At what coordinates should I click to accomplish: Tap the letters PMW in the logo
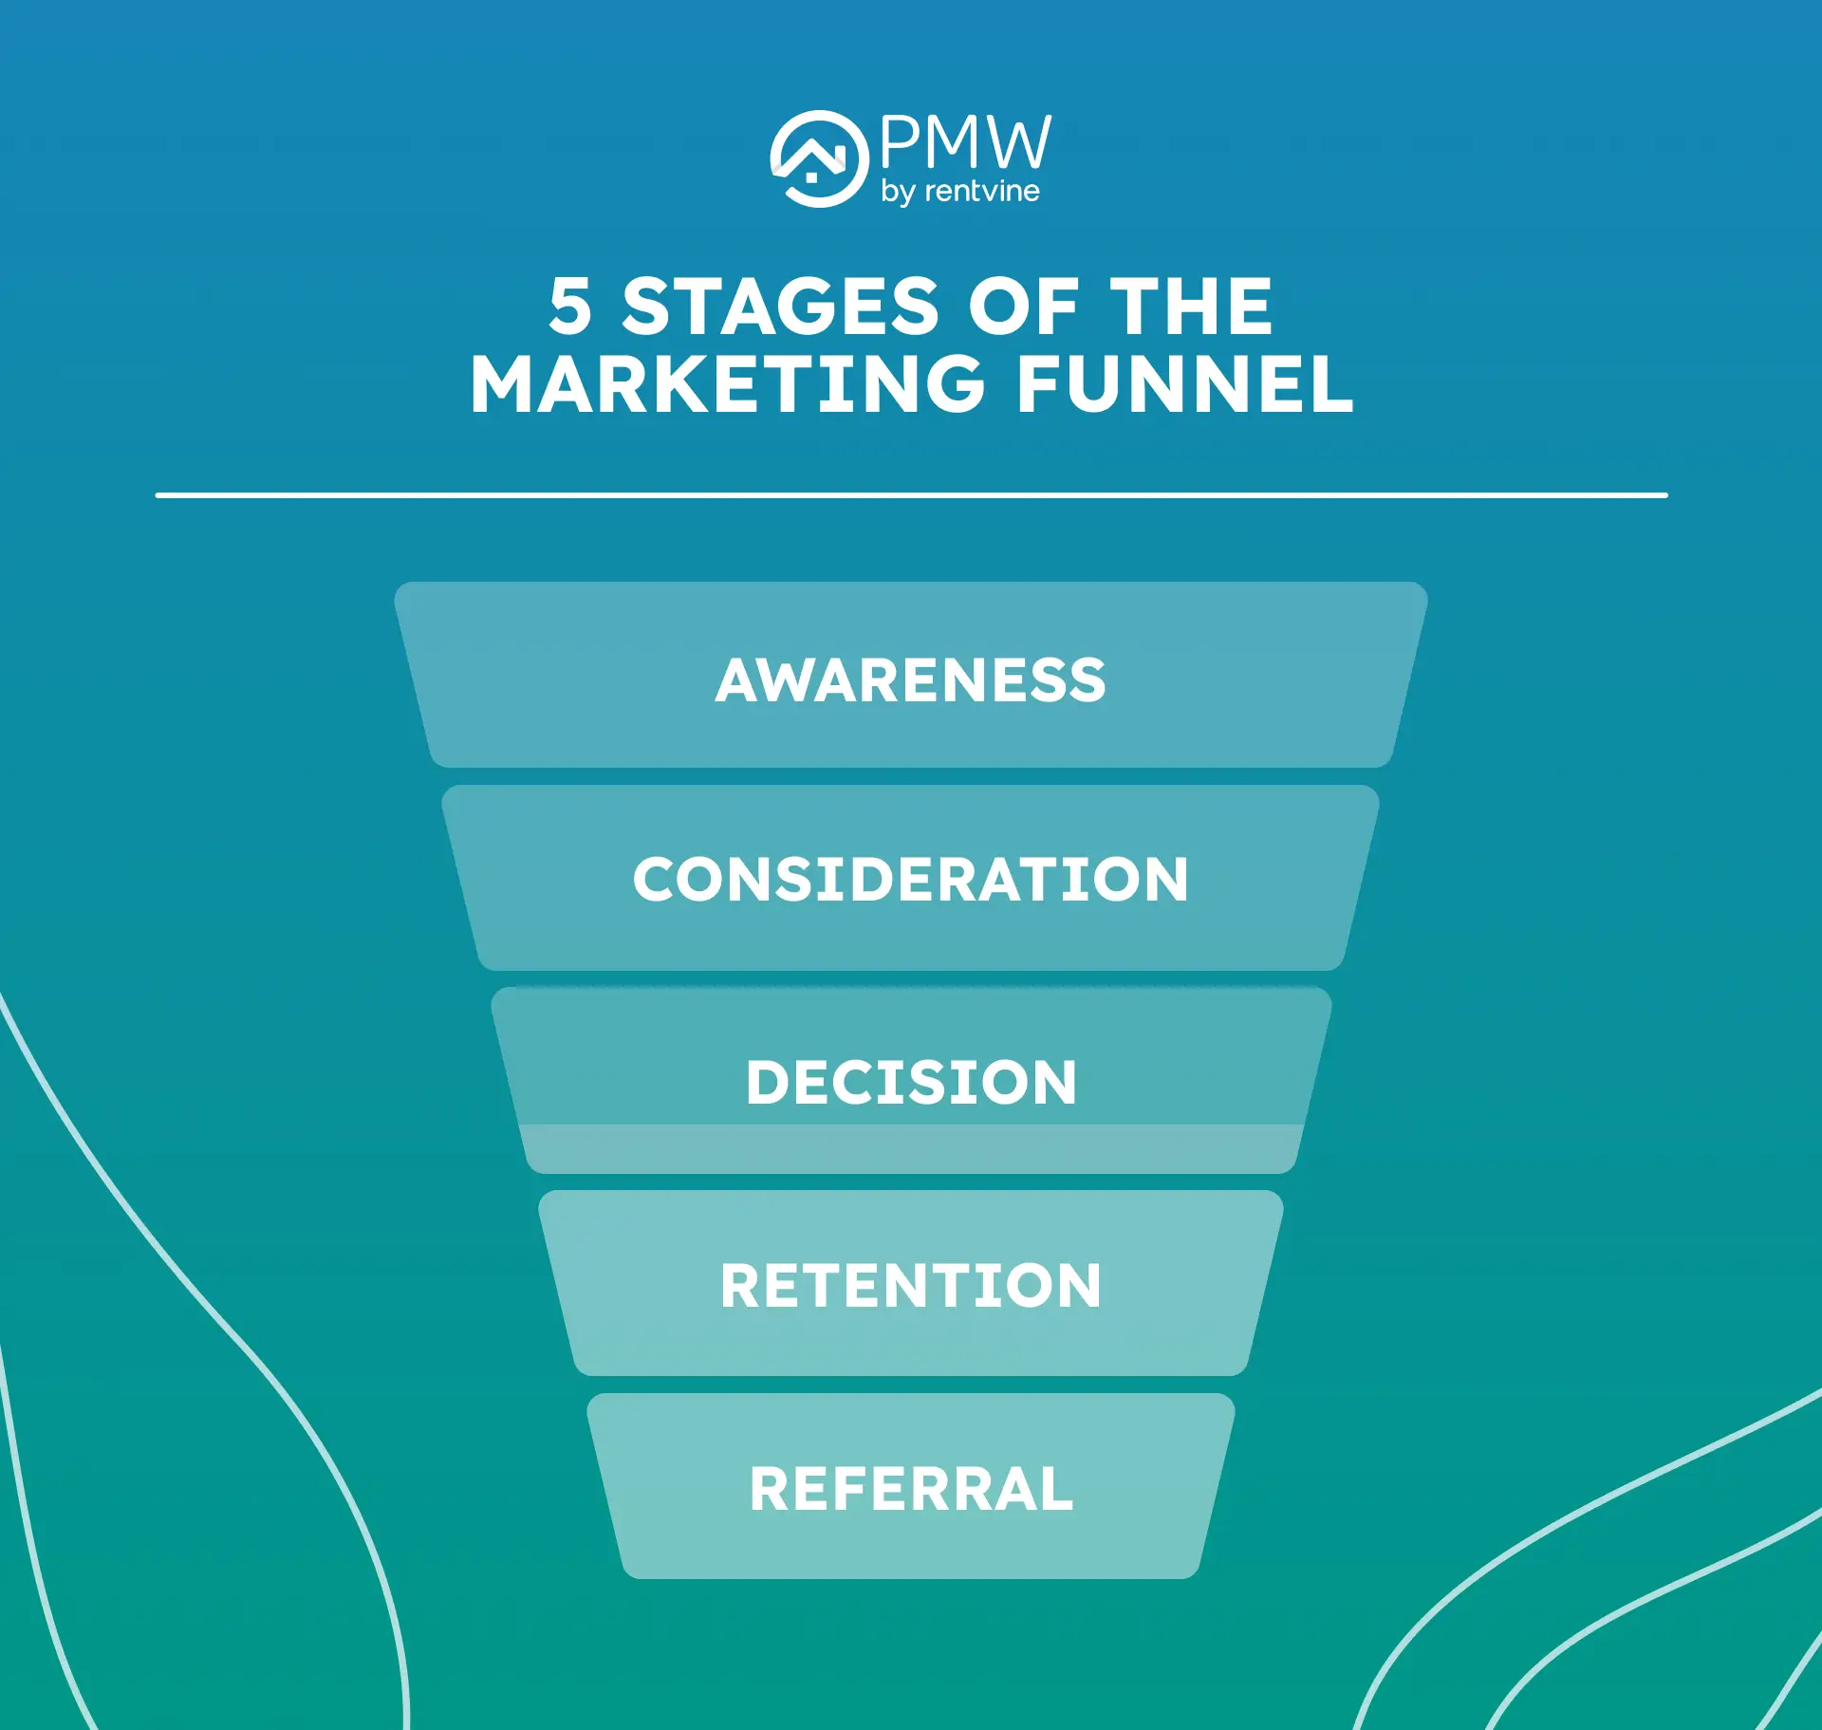pyautogui.click(x=965, y=143)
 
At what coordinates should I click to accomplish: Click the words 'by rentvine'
pyautogui.click(x=959, y=193)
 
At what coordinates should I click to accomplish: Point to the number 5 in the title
pyautogui.click(x=570, y=307)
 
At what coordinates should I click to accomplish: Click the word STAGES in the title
pyautogui.click(x=780, y=307)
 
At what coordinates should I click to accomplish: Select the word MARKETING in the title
pyautogui.click(x=728, y=385)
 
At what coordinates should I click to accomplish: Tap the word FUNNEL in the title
pyautogui.click(x=1184, y=385)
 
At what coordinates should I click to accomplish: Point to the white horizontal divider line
pyautogui.click(x=911, y=495)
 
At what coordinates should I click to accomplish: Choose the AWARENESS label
pyautogui.click(x=911, y=680)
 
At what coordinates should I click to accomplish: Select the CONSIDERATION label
pyautogui.click(x=911, y=880)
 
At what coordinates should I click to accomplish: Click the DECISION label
pyautogui.click(x=911, y=1083)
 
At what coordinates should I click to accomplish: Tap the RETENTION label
pyautogui.click(x=911, y=1286)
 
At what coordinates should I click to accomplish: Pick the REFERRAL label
pyautogui.click(x=911, y=1489)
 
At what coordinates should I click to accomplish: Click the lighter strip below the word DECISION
pyautogui.click(x=911, y=1148)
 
